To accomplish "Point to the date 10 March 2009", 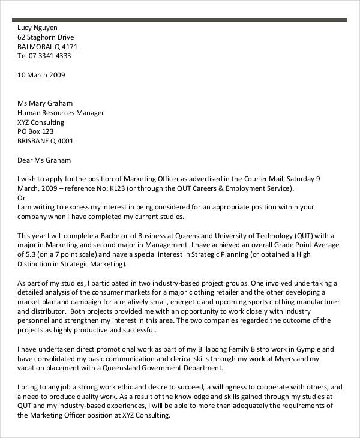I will pyautogui.click(x=41, y=75).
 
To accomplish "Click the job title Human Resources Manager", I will pyautogui.click(x=61, y=113).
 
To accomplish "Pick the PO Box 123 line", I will pyautogui.click(x=36, y=132).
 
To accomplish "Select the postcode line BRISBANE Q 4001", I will pyautogui.click(x=46, y=142).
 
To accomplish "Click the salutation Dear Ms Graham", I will pyautogui.click(x=44, y=160).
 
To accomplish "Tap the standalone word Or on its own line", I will pyautogui.click(x=22, y=197).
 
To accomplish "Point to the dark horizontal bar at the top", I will pyautogui.click(x=180, y=20).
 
